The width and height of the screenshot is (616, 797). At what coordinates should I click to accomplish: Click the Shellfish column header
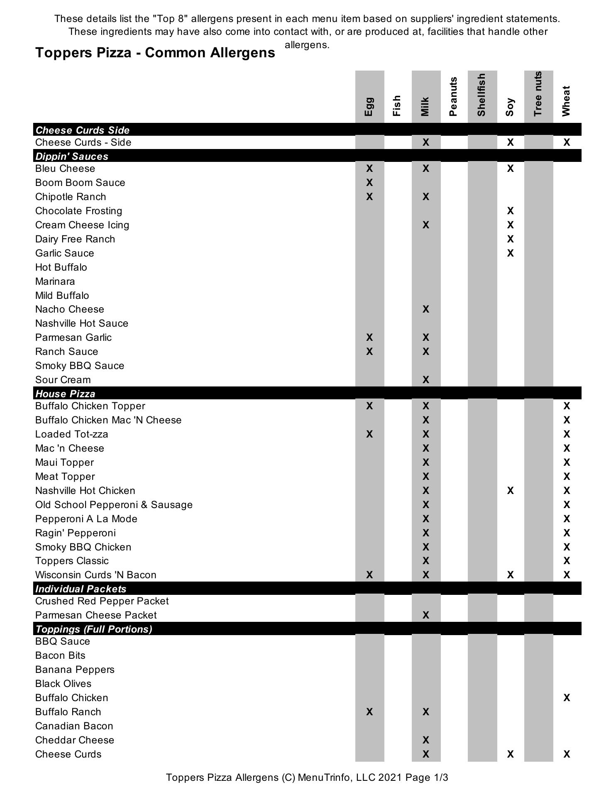pyautogui.click(x=482, y=95)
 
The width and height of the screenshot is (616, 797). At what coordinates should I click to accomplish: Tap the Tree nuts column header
pyautogui.click(x=538, y=94)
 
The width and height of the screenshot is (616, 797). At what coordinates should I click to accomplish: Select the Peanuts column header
pyautogui.click(x=453, y=96)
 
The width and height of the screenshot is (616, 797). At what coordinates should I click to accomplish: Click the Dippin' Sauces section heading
pyautogui.click(x=72, y=156)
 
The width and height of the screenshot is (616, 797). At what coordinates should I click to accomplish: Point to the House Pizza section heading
pyautogui.click(x=65, y=394)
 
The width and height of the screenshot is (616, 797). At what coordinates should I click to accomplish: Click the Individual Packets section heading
pyautogui.click(x=81, y=589)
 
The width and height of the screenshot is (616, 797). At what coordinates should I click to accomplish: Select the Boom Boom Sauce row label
pyautogui.click(x=80, y=183)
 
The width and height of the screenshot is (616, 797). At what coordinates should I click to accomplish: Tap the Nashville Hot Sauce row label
pyautogui.click(x=82, y=323)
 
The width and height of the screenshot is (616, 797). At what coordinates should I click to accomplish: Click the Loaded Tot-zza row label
pyautogui.click(x=72, y=434)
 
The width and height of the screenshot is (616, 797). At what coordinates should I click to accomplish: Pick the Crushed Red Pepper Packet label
pyautogui.click(x=102, y=601)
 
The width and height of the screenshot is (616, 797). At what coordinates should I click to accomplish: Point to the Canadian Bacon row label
pyautogui.click(x=74, y=726)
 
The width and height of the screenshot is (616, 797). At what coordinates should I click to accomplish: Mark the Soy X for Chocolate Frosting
pyautogui.click(x=510, y=211)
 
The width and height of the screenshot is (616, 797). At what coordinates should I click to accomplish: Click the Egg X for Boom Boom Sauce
pyautogui.click(x=369, y=183)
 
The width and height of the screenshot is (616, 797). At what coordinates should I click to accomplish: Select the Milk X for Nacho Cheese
pyautogui.click(x=425, y=309)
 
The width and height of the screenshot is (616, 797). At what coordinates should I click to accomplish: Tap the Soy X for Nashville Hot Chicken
pyautogui.click(x=510, y=491)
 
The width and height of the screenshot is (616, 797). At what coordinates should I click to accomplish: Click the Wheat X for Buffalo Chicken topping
pyautogui.click(x=567, y=698)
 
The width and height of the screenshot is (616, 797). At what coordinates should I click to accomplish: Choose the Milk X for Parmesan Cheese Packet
pyautogui.click(x=425, y=615)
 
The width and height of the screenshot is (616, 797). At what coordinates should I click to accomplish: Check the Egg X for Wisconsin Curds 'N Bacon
pyautogui.click(x=369, y=575)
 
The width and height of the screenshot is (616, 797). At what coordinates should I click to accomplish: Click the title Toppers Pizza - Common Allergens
pyautogui.click(x=155, y=53)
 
